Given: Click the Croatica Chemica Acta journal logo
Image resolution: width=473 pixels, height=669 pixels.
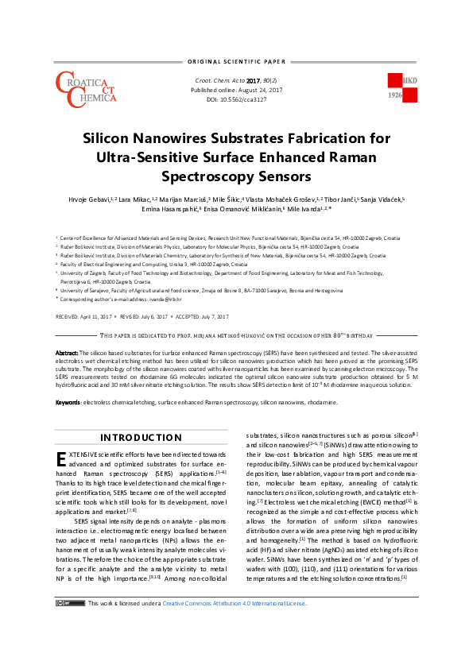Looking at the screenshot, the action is pyautogui.click(x=83, y=88).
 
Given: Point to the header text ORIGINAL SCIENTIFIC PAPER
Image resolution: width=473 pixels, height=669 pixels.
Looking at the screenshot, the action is pyautogui.click(x=235, y=61).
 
